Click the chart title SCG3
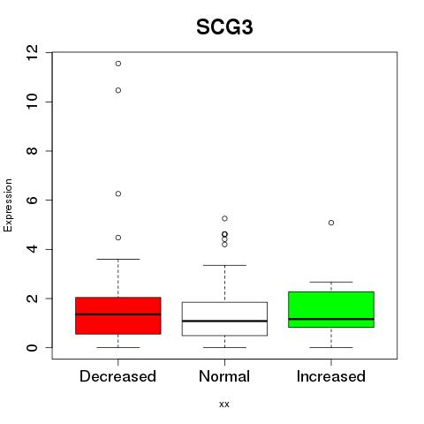224,27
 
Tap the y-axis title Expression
8,205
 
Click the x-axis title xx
224,404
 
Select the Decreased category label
117,376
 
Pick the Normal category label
224,376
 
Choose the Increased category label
331,376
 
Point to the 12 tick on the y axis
32,52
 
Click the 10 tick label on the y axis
32,102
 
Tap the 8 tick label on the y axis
32,151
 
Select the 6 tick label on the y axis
32,200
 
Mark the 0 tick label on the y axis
32,347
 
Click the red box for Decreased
118,315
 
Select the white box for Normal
224,319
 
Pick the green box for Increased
331,309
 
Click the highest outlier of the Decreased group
118,64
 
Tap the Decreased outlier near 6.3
118,193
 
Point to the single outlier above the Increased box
331,223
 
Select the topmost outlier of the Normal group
224,218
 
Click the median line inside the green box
331,319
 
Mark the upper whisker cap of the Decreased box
118,259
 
